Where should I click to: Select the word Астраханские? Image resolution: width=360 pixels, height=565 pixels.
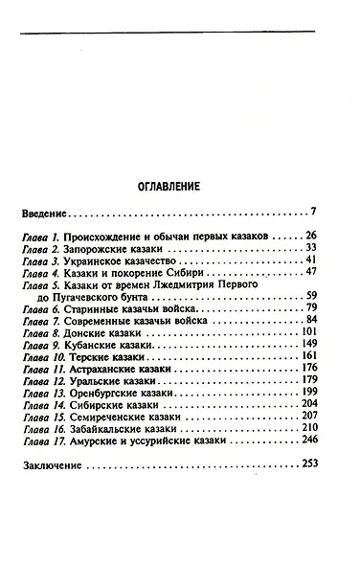pos(108,369)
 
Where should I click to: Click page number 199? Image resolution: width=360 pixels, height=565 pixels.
pos(319,394)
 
